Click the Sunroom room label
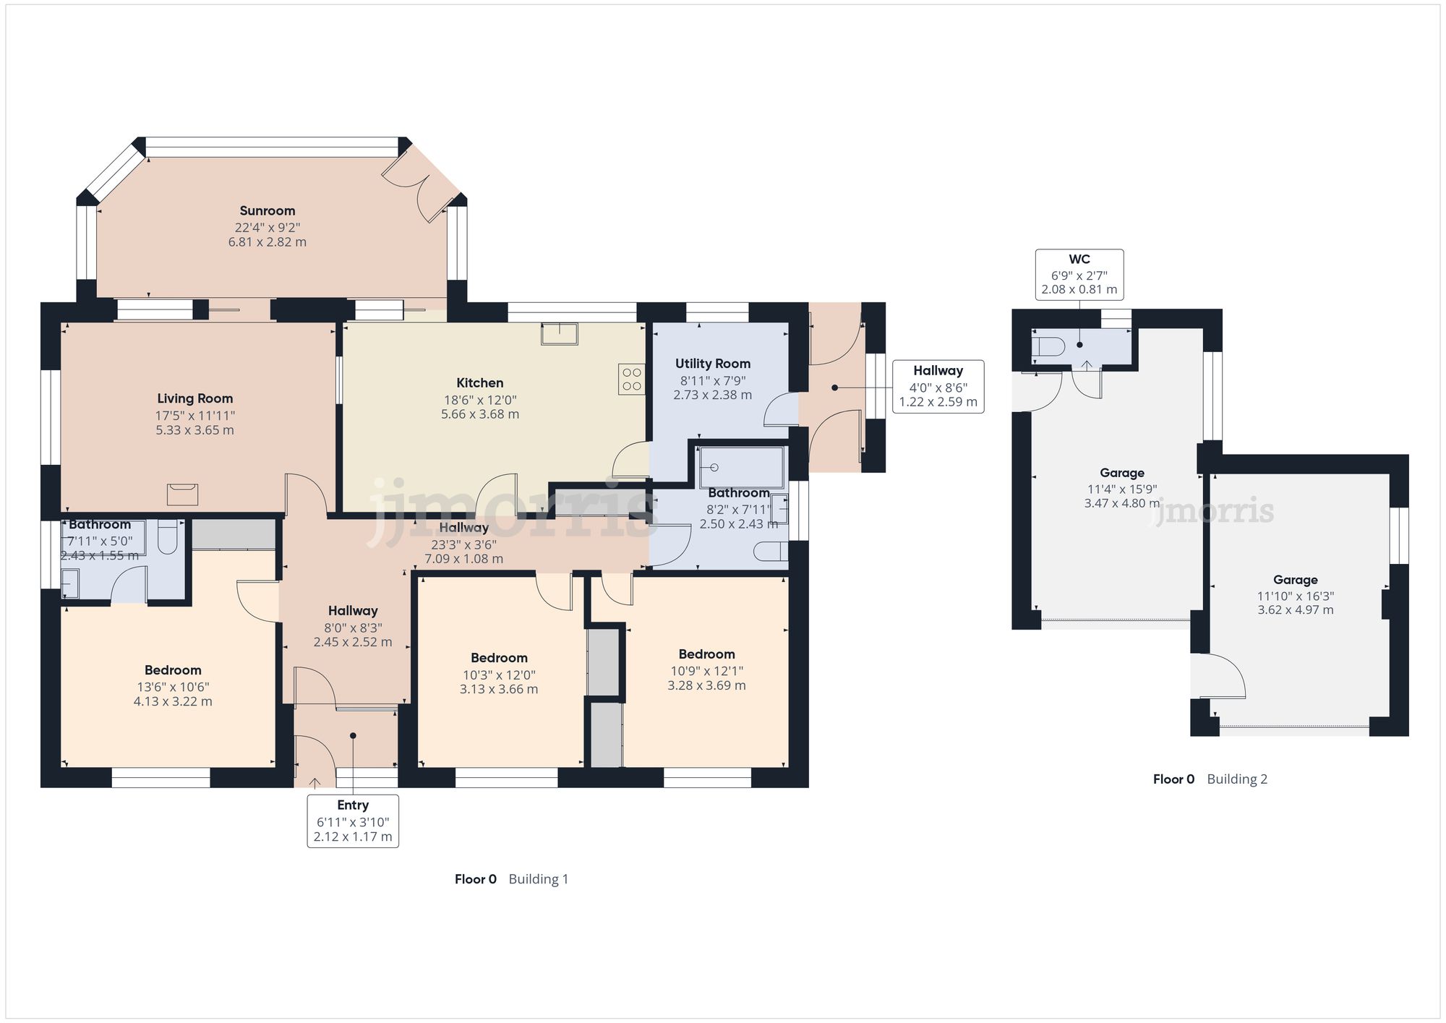(268, 211)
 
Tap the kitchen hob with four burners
(631, 379)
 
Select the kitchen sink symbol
(559, 334)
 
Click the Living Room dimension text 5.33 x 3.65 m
(195, 430)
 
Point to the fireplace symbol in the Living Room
(182, 495)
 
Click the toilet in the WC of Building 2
(1048, 347)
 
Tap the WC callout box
(1079, 274)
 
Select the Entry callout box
(353, 821)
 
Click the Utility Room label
(713, 364)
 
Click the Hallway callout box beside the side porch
(938, 386)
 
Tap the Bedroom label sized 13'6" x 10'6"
(173, 670)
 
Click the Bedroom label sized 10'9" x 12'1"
(706, 654)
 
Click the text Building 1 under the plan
(538, 879)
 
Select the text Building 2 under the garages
(1237, 779)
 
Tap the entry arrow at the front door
(315, 782)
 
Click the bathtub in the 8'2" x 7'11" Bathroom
(742, 468)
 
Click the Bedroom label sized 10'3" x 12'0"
(499, 658)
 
